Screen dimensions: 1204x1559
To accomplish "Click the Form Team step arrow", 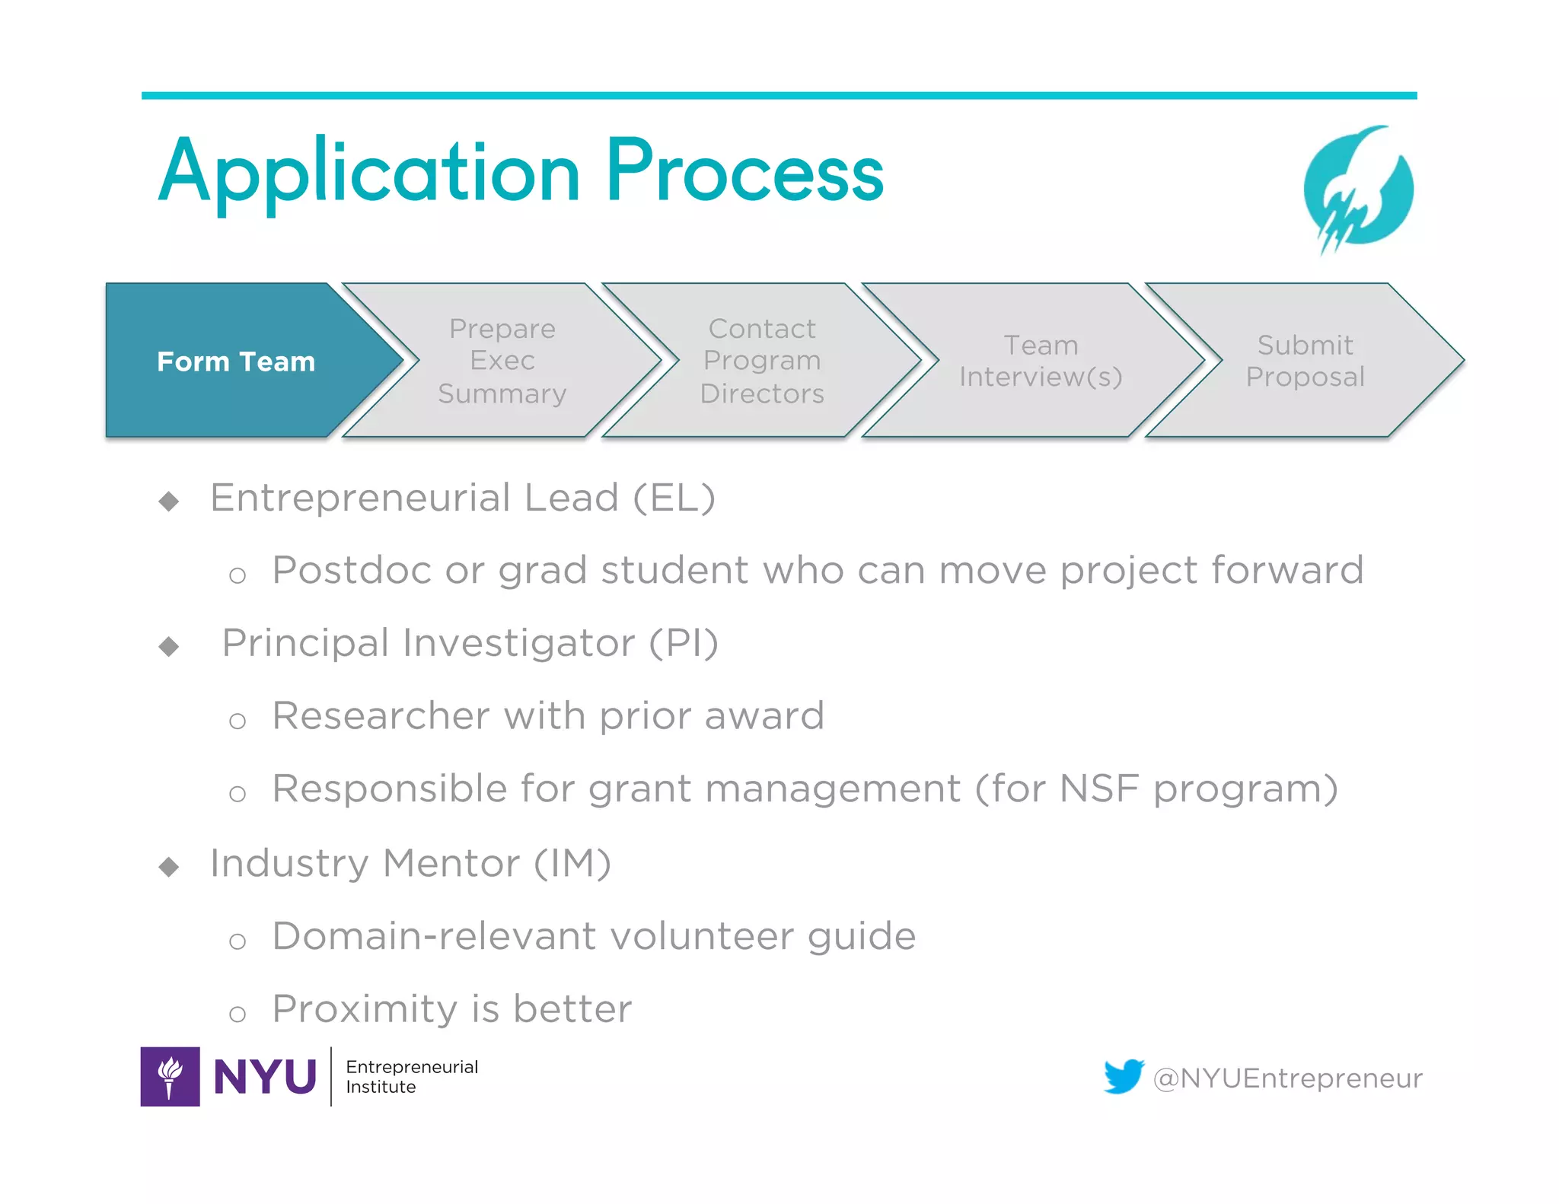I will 236,362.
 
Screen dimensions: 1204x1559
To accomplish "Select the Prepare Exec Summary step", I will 502,362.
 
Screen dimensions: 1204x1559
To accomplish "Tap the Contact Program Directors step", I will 762,362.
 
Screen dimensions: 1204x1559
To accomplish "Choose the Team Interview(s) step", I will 1040,362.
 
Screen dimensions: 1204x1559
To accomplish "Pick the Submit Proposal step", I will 1305,362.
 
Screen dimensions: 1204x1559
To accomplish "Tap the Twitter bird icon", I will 1124,1076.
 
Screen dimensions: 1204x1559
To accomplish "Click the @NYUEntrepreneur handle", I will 1287,1078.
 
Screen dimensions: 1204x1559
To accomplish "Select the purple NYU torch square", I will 171,1076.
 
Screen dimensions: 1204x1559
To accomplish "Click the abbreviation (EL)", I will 674,498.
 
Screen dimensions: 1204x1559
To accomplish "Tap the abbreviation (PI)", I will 684,644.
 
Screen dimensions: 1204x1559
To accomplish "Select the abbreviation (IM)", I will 572,864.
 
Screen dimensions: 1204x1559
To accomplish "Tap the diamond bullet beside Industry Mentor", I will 169,867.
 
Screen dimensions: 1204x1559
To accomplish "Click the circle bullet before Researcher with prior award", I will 238,721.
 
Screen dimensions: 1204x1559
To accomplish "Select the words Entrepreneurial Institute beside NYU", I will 411,1077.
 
